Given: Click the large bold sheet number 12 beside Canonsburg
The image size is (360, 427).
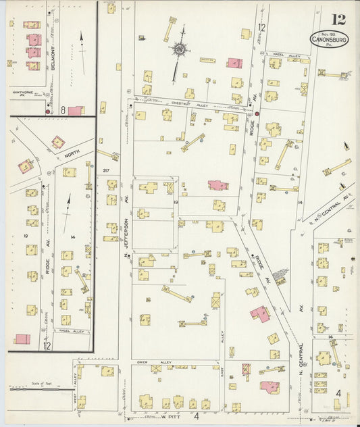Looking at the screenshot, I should [338, 19].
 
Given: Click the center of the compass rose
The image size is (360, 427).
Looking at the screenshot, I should [180, 49].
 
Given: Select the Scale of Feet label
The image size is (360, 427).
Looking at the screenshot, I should [41, 383].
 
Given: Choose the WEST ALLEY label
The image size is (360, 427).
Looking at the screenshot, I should [75, 382].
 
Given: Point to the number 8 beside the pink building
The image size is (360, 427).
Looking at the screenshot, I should [62, 109].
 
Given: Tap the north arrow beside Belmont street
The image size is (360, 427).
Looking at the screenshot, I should [82, 45].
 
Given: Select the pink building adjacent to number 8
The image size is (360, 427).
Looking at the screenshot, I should [76, 110].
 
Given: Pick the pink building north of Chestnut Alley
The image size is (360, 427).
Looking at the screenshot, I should [234, 63].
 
